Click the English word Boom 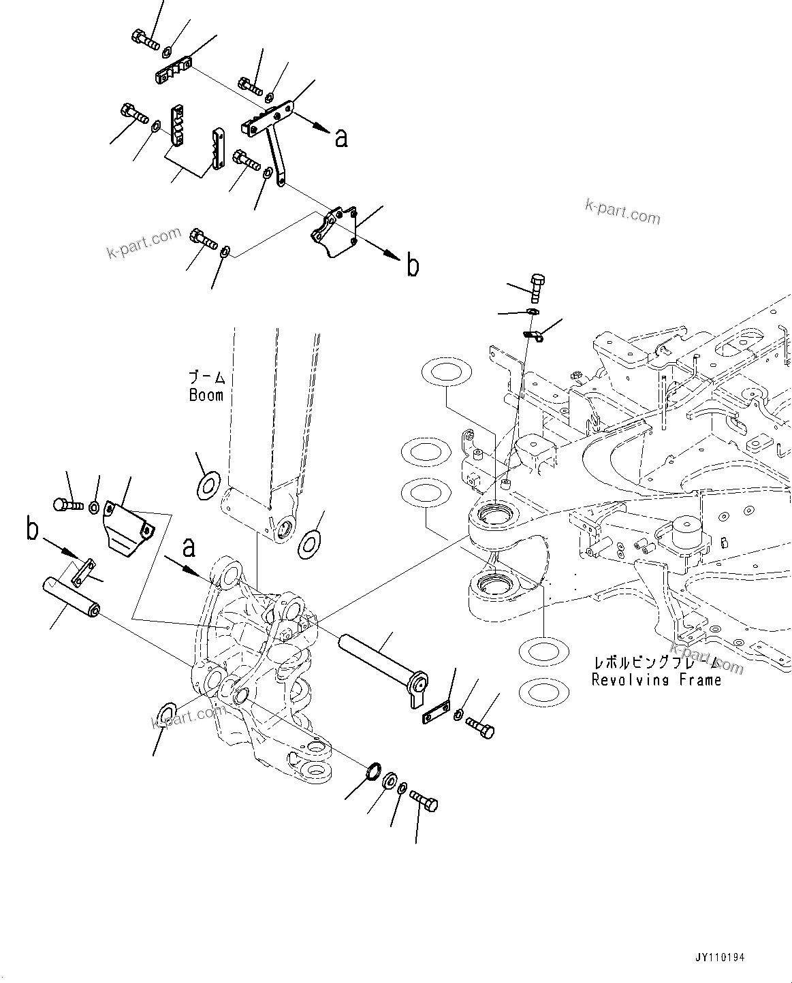(x=206, y=395)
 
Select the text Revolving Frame (x=656, y=679)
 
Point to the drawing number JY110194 (x=720, y=957)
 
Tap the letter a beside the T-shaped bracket (x=341, y=138)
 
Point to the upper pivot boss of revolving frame (x=500, y=521)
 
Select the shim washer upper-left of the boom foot (x=207, y=484)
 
